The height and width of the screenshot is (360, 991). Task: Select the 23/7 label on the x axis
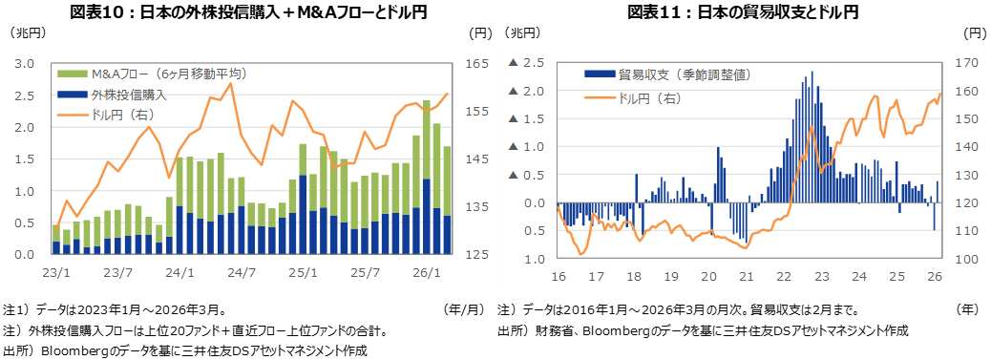coord(117,273)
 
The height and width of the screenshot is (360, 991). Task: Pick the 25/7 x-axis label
coord(366,273)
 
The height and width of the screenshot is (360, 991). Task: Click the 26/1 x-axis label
coord(427,273)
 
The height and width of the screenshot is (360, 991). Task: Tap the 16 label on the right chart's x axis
coord(559,276)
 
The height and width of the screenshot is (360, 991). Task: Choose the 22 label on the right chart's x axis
coord(784,276)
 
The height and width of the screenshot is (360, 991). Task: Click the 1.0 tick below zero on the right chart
coord(535,259)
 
